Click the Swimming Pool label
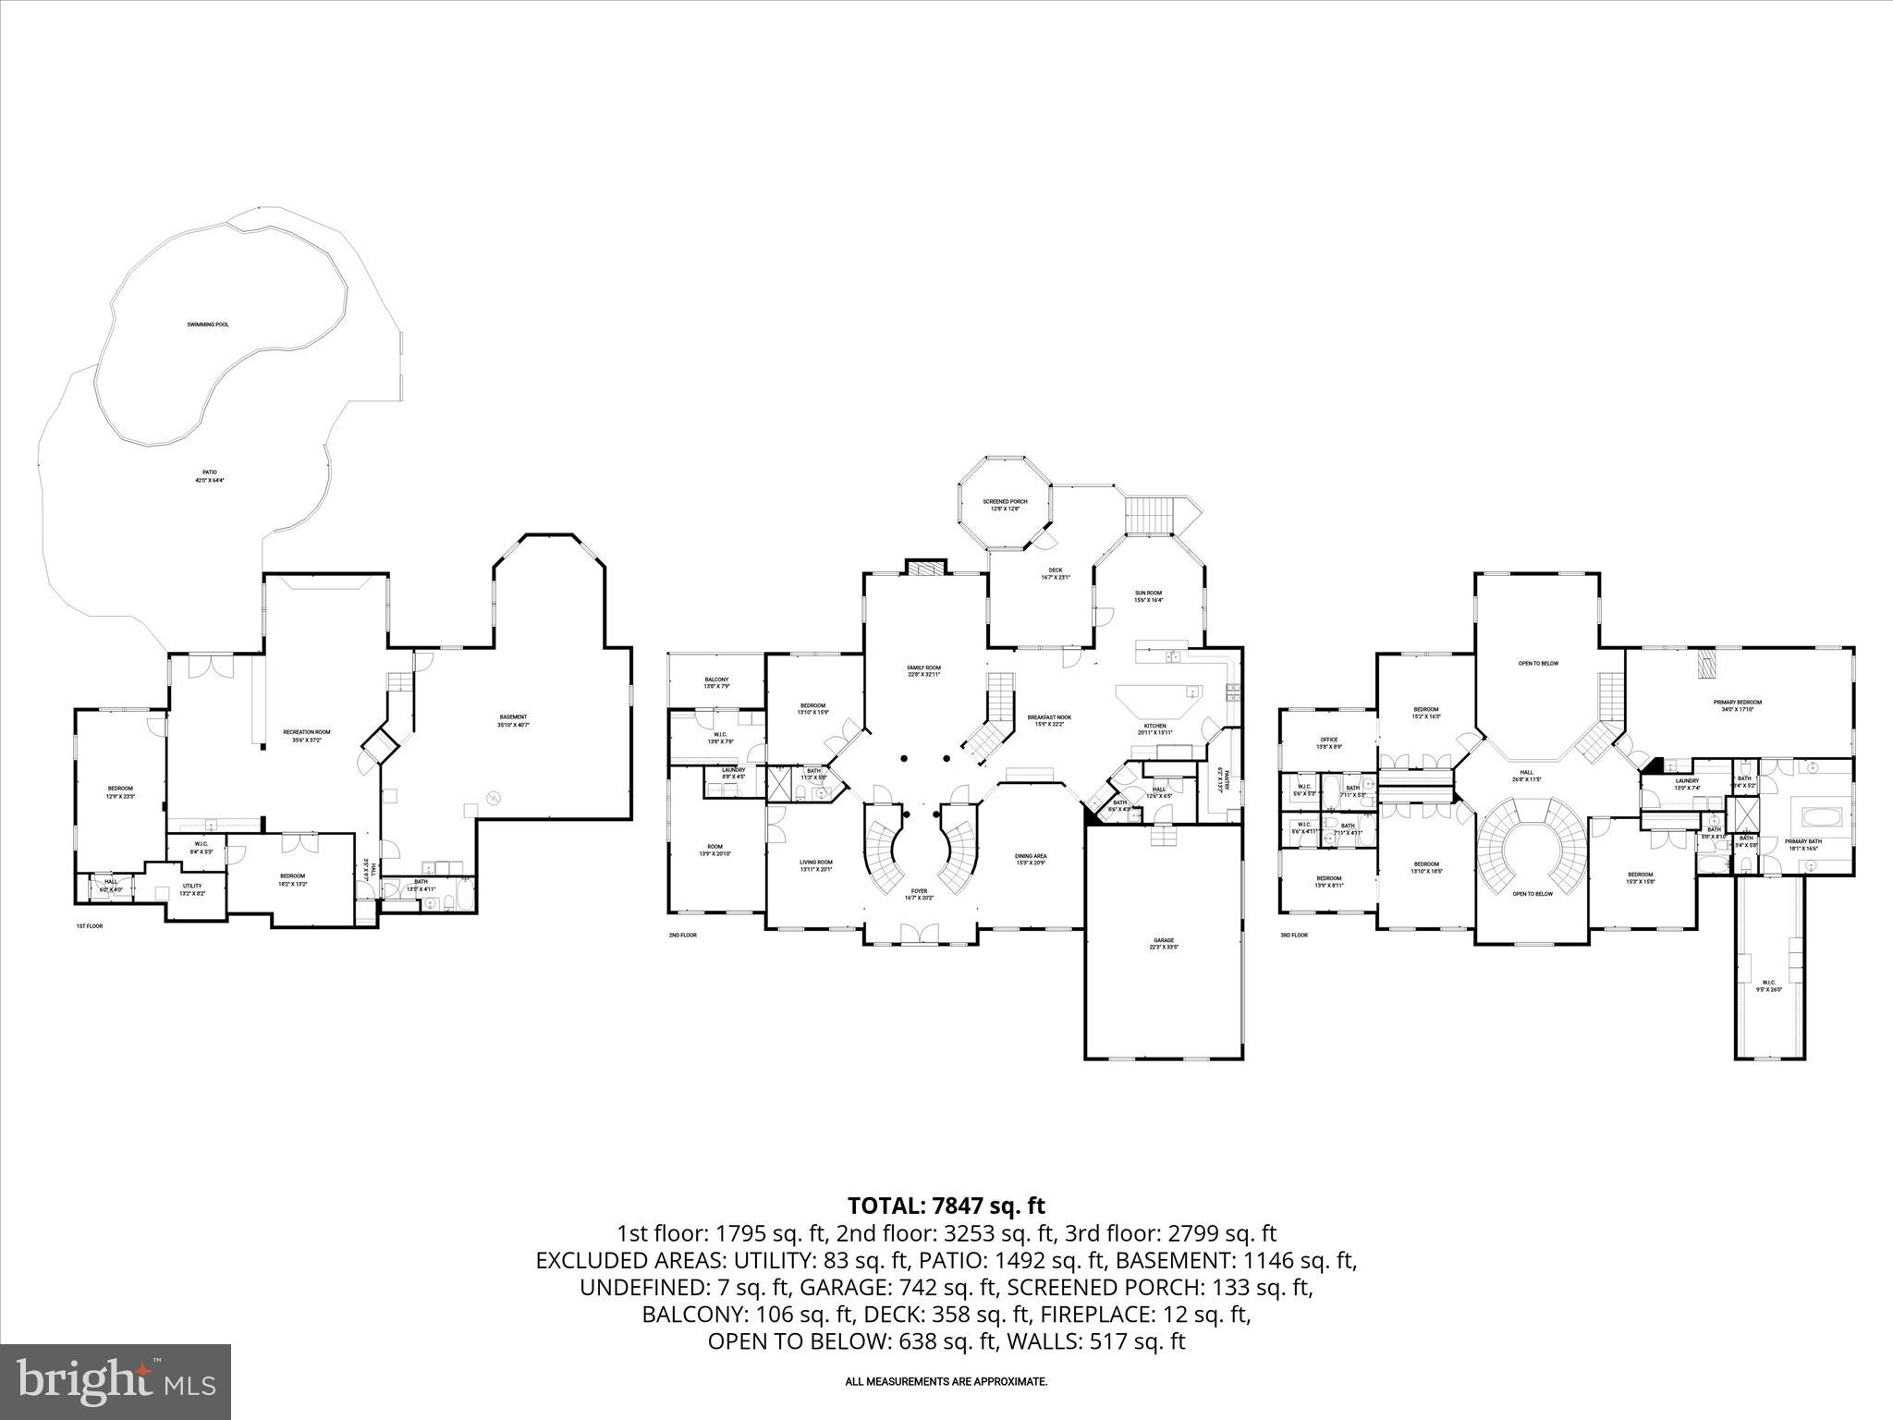pyautogui.click(x=208, y=324)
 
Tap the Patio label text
pyautogui.click(x=210, y=476)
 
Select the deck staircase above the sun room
pyautogui.click(x=1150, y=515)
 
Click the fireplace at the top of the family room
pyautogui.click(x=925, y=568)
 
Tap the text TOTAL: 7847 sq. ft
pyautogui.click(x=946, y=1206)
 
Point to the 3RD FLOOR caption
pyautogui.click(x=1293, y=935)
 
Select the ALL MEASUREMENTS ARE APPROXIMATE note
pyautogui.click(x=946, y=1381)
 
